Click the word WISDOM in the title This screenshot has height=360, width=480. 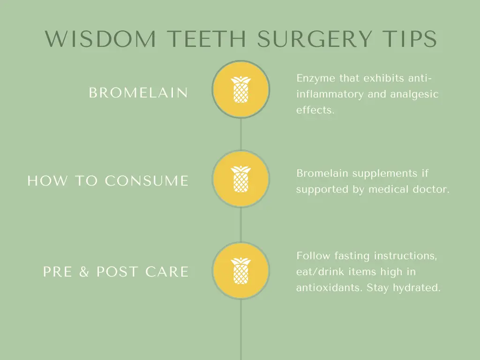tap(100, 39)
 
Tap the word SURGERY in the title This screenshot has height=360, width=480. tap(315, 39)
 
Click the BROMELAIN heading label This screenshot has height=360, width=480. tap(138, 93)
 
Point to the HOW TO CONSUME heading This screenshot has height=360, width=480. tap(108, 180)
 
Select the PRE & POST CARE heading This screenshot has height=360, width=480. tap(116, 272)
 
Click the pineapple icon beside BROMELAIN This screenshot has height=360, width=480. tap(240, 89)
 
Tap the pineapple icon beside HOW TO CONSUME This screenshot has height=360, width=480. tap(240, 179)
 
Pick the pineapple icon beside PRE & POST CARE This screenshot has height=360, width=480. tap(240, 270)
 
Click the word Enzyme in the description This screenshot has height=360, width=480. tap(315, 79)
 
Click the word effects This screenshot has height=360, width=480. tap(315, 110)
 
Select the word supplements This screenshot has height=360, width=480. tap(385, 174)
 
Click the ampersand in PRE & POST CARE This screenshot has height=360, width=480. tap(84, 272)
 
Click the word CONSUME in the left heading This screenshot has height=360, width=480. tap(147, 180)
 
